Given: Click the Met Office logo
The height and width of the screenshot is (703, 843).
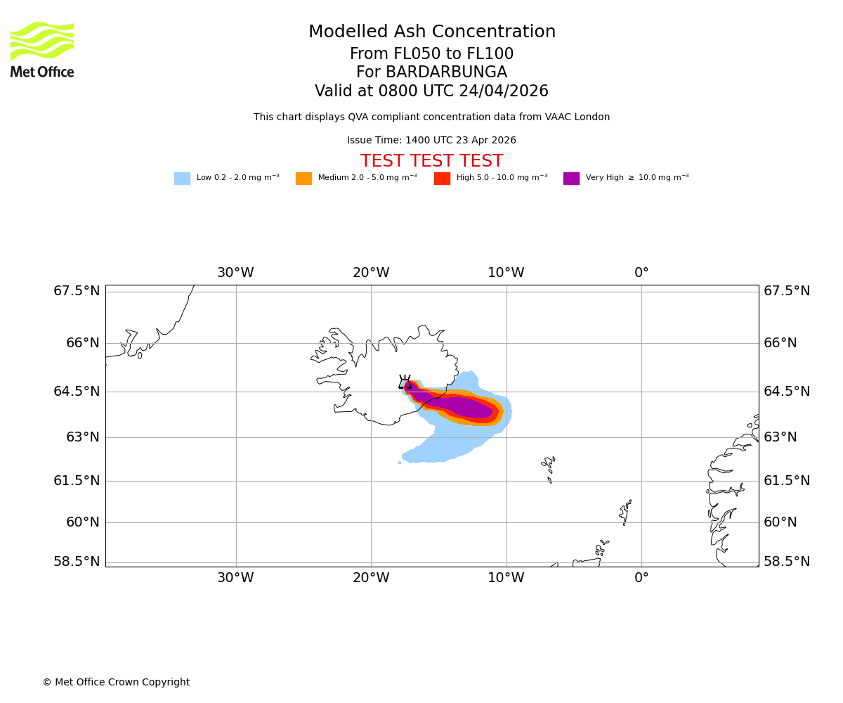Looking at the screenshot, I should coord(42,49).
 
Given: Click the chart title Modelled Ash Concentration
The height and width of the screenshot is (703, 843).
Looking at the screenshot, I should coord(431,32).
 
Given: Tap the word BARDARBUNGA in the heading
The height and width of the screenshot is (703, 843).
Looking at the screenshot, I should coord(431,72).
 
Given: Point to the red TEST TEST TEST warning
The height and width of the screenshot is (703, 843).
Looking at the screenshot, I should coord(431,162).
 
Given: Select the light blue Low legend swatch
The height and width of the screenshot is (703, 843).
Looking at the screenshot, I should coord(182,179).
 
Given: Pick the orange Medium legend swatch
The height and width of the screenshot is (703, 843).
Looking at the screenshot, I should coord(303,179).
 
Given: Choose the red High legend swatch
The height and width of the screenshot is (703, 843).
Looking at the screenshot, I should coord(442,179).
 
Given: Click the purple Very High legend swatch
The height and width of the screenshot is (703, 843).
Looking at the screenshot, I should coord(571,179).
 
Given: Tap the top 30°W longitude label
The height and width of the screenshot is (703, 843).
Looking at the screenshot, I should coord(235,273).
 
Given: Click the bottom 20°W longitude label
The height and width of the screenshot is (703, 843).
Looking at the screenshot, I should coord(371,578).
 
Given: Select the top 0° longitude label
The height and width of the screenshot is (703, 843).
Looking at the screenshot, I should coord(641,273).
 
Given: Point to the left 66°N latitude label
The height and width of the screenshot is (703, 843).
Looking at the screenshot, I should coord(77,343).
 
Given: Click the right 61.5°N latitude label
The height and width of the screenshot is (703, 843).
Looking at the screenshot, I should coord(787,481).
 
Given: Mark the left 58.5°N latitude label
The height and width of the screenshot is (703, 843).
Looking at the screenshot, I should coord(77,562).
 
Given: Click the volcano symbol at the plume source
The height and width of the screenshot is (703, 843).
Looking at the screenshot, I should coord(405,382).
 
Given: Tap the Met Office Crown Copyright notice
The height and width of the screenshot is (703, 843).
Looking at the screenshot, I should coord(116,683).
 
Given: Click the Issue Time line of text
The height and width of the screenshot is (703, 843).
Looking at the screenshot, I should coord(431,141).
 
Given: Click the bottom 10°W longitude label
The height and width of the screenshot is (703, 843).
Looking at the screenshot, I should coord(506,578).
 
